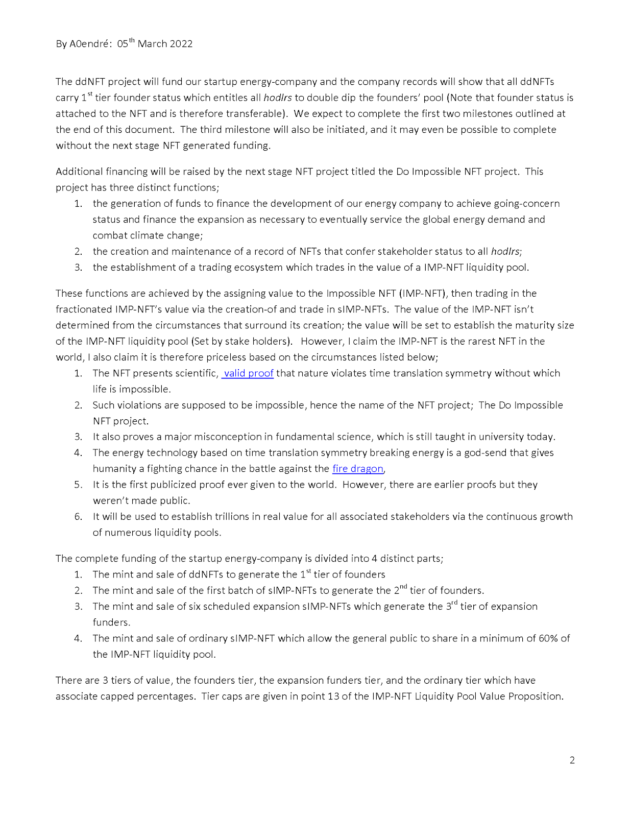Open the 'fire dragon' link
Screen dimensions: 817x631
click(357, 469)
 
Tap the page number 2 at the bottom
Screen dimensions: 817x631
click(572, 760)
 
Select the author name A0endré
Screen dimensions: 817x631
click(89, 44)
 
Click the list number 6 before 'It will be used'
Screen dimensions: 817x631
click(78, 517)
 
